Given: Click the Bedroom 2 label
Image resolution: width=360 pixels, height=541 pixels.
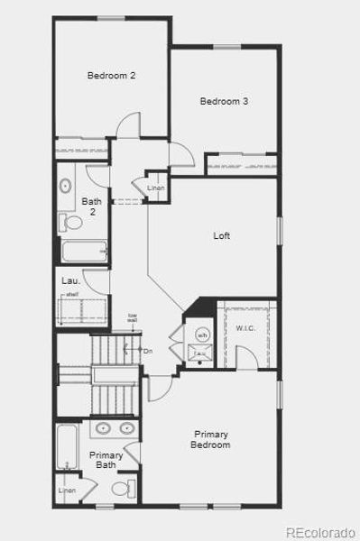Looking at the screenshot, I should (111, 76).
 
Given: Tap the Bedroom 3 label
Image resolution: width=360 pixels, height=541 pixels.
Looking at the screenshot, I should (224, 101).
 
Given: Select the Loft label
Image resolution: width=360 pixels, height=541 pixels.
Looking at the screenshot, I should (221, 236).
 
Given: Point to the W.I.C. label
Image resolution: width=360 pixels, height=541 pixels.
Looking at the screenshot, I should (245, 327).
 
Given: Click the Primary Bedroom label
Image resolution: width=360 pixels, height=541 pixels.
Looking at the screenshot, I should (211, 439).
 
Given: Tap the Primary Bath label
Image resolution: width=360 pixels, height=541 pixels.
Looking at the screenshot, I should (106, 460).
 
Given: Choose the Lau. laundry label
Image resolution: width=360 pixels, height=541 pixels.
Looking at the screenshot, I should (70, 280).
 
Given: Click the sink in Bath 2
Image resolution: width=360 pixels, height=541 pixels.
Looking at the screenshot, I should (67, 188).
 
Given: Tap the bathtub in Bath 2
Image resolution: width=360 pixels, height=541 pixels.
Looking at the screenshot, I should (83, 251).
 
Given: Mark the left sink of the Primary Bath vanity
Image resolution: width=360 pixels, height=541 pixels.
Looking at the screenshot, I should (102, 428).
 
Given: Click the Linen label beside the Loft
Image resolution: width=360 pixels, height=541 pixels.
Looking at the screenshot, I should (155, 187).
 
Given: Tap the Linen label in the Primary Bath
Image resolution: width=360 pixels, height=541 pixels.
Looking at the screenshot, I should (67, 491).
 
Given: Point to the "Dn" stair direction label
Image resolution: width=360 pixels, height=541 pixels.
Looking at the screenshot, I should (149, 350).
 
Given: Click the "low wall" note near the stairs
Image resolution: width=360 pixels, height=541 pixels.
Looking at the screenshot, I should (132, 317).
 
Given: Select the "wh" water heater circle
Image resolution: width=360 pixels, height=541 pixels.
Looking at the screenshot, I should (202, 335).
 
